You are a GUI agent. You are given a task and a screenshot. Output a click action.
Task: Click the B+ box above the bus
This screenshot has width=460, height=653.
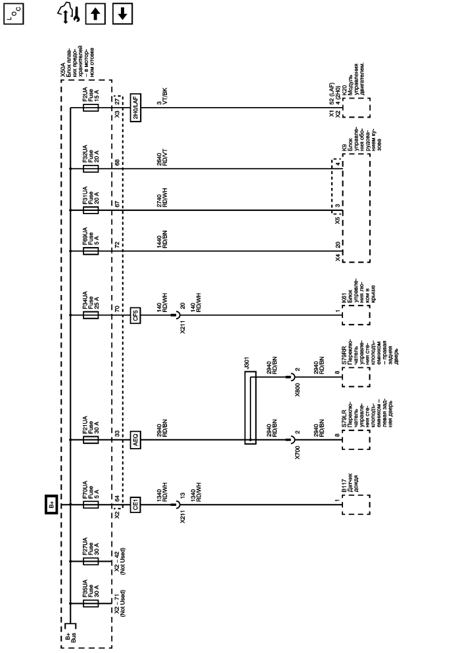[52, 505]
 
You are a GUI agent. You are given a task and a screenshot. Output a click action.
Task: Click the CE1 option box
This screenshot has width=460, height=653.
[136, 505]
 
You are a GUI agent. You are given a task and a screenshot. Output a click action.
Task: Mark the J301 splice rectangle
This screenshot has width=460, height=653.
[250, 407]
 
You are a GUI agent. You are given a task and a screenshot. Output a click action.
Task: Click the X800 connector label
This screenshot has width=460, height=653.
[296, 385]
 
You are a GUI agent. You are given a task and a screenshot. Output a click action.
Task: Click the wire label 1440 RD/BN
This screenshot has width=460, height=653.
[162, 244]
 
